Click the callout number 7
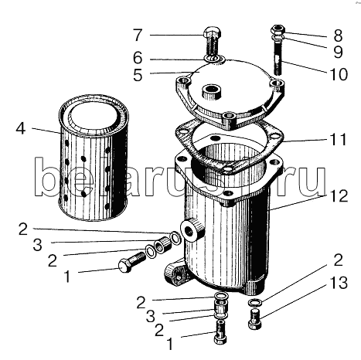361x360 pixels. click(138, 35)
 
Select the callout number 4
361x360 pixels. click(21, 128)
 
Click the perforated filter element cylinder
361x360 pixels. click(94, 158)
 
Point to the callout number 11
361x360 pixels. click(336, 140)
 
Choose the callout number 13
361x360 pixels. click(338, 282)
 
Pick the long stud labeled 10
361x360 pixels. click(278, 59)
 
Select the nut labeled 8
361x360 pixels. click(278, 30)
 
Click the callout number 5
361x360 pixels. click(138, 75)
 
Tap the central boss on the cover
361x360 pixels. click(212, 93)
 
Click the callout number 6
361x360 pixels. click(138, 58)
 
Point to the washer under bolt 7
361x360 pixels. click(215, 59)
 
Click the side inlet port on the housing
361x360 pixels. click(192, 229)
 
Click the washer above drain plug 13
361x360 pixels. click(255, 302)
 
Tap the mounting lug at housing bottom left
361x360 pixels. click(176, 274)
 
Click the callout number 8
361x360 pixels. click(338, 36)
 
